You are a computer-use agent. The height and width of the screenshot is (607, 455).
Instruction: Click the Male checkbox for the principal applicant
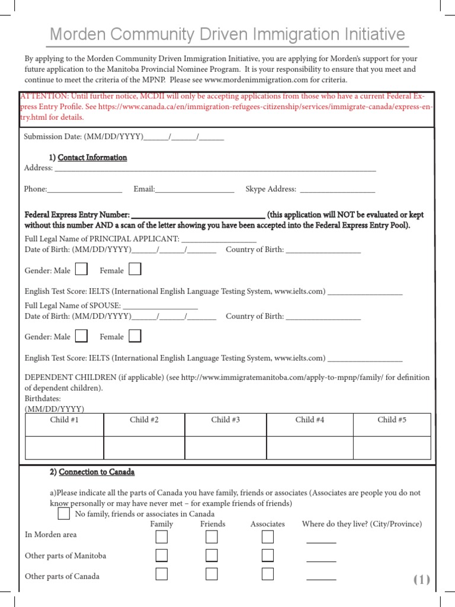point(82,270)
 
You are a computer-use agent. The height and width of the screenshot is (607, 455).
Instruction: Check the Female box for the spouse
point(135,336)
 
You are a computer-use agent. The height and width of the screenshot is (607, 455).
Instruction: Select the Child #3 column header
point(225,420)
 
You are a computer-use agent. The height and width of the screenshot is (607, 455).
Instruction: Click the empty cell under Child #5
point(392,447)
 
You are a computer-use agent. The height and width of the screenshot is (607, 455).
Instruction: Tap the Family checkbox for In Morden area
point(161,537)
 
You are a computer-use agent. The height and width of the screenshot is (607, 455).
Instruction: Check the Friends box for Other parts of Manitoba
point(212,555)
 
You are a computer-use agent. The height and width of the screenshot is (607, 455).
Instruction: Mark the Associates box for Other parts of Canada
point(268,574)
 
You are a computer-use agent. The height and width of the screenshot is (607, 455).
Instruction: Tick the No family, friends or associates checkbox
point(64,513)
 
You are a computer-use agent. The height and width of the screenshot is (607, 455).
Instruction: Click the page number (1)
point(421,580)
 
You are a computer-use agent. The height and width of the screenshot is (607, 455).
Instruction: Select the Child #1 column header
point(65,420)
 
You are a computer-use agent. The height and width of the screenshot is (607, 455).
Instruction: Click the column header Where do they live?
point(361,524)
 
